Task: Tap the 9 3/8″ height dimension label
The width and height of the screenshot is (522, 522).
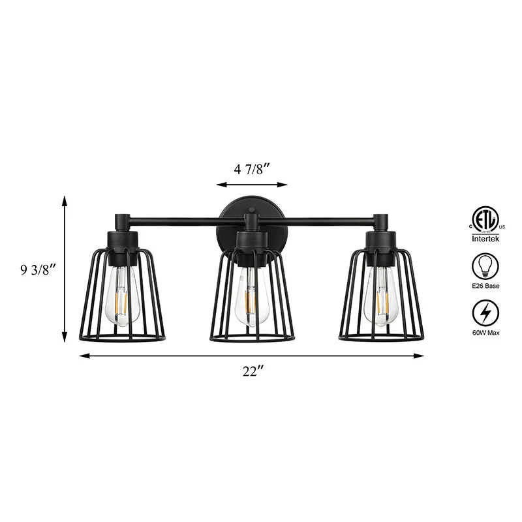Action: (x=37, y=269)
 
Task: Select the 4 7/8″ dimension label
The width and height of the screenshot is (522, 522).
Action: (x=251, y=170)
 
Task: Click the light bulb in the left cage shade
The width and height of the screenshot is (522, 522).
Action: (x=122, y=296)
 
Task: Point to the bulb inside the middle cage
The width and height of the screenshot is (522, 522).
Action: (x=252, y=296)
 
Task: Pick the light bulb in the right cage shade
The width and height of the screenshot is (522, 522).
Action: (x=380, y=296)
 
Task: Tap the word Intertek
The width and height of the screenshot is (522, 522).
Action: (x=485, y=239)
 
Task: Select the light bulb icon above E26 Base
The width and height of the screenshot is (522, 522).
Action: (x=485, y=266)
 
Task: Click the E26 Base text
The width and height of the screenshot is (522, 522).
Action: (x=485, y=286)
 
